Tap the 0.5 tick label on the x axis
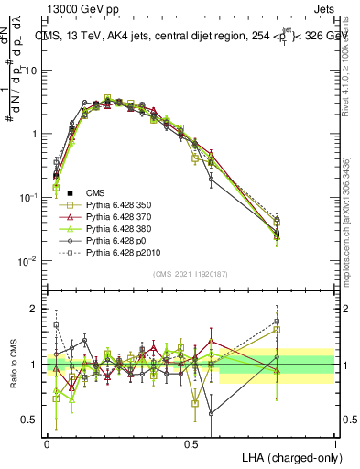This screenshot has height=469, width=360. point(191,442)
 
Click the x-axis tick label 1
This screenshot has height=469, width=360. point(334,442)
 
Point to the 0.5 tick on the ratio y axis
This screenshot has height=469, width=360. point(34,420)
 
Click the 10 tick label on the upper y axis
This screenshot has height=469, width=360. point(34,70)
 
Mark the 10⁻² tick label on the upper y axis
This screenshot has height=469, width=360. point(32,261)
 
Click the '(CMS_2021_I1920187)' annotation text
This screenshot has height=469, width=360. point(191,273)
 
